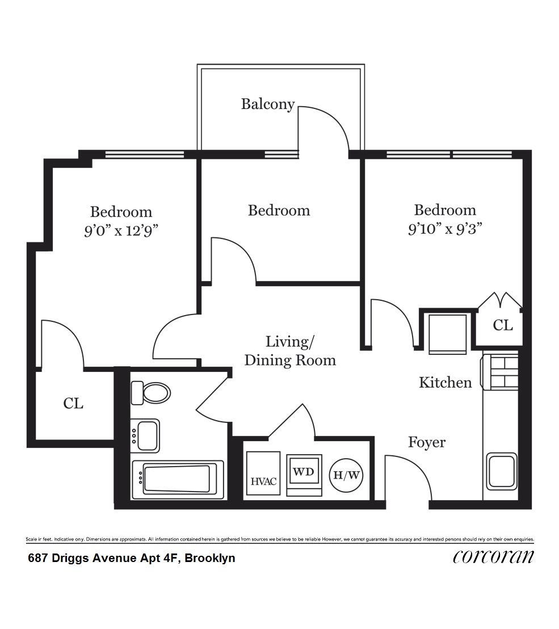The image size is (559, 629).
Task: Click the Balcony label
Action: (x=268, y=104)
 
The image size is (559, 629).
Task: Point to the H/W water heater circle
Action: (x=346, y=475)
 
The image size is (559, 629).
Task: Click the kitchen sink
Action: (x=501, y=471)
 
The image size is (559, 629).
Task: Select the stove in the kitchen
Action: (x=501, y=372)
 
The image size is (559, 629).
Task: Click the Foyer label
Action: (x=427, y=442)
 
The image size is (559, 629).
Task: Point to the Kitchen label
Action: (x=445, y=383)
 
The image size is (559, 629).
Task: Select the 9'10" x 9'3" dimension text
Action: (x=445, y=229)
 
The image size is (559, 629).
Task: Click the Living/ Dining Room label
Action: (x=290, y=351)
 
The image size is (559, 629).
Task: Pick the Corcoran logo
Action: (x=493, y=556)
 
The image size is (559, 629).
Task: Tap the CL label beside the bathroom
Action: (x=73, y=404)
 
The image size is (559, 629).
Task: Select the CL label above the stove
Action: (x=503, y=325)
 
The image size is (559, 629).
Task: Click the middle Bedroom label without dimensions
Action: (x=279, y=211)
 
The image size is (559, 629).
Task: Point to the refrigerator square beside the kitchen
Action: (x=448, y=334)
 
